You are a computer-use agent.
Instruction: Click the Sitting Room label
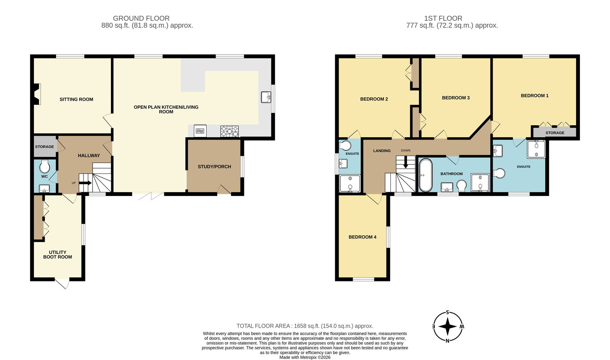pos(76,99)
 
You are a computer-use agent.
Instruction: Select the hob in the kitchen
pos(230,131)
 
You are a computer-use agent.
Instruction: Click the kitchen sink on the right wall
pos(266,97)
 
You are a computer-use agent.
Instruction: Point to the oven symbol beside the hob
pos(200,131)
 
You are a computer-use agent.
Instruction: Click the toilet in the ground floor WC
pos(45,167)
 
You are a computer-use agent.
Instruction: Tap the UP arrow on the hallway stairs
pos(85,183)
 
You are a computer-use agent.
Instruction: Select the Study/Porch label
pos(214,167)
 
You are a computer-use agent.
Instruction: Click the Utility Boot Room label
pos(58,254)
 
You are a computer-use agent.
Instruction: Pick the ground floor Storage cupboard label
pos(45,147)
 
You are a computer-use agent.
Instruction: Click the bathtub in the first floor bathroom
pos(425,175)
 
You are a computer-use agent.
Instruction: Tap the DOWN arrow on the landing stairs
pos(406,163)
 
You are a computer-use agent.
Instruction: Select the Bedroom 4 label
pos(362,237)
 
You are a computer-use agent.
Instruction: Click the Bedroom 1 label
pos(535,96)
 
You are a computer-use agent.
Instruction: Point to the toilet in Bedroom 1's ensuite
pos(499,173)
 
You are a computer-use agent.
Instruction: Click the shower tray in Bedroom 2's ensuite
pos(350,183)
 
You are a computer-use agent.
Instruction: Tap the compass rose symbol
pos(448,327)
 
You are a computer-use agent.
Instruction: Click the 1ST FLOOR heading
pos(443,18)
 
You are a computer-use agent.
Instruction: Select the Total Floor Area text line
pos(305,326)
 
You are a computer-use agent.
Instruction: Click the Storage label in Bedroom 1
pos(555,133)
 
